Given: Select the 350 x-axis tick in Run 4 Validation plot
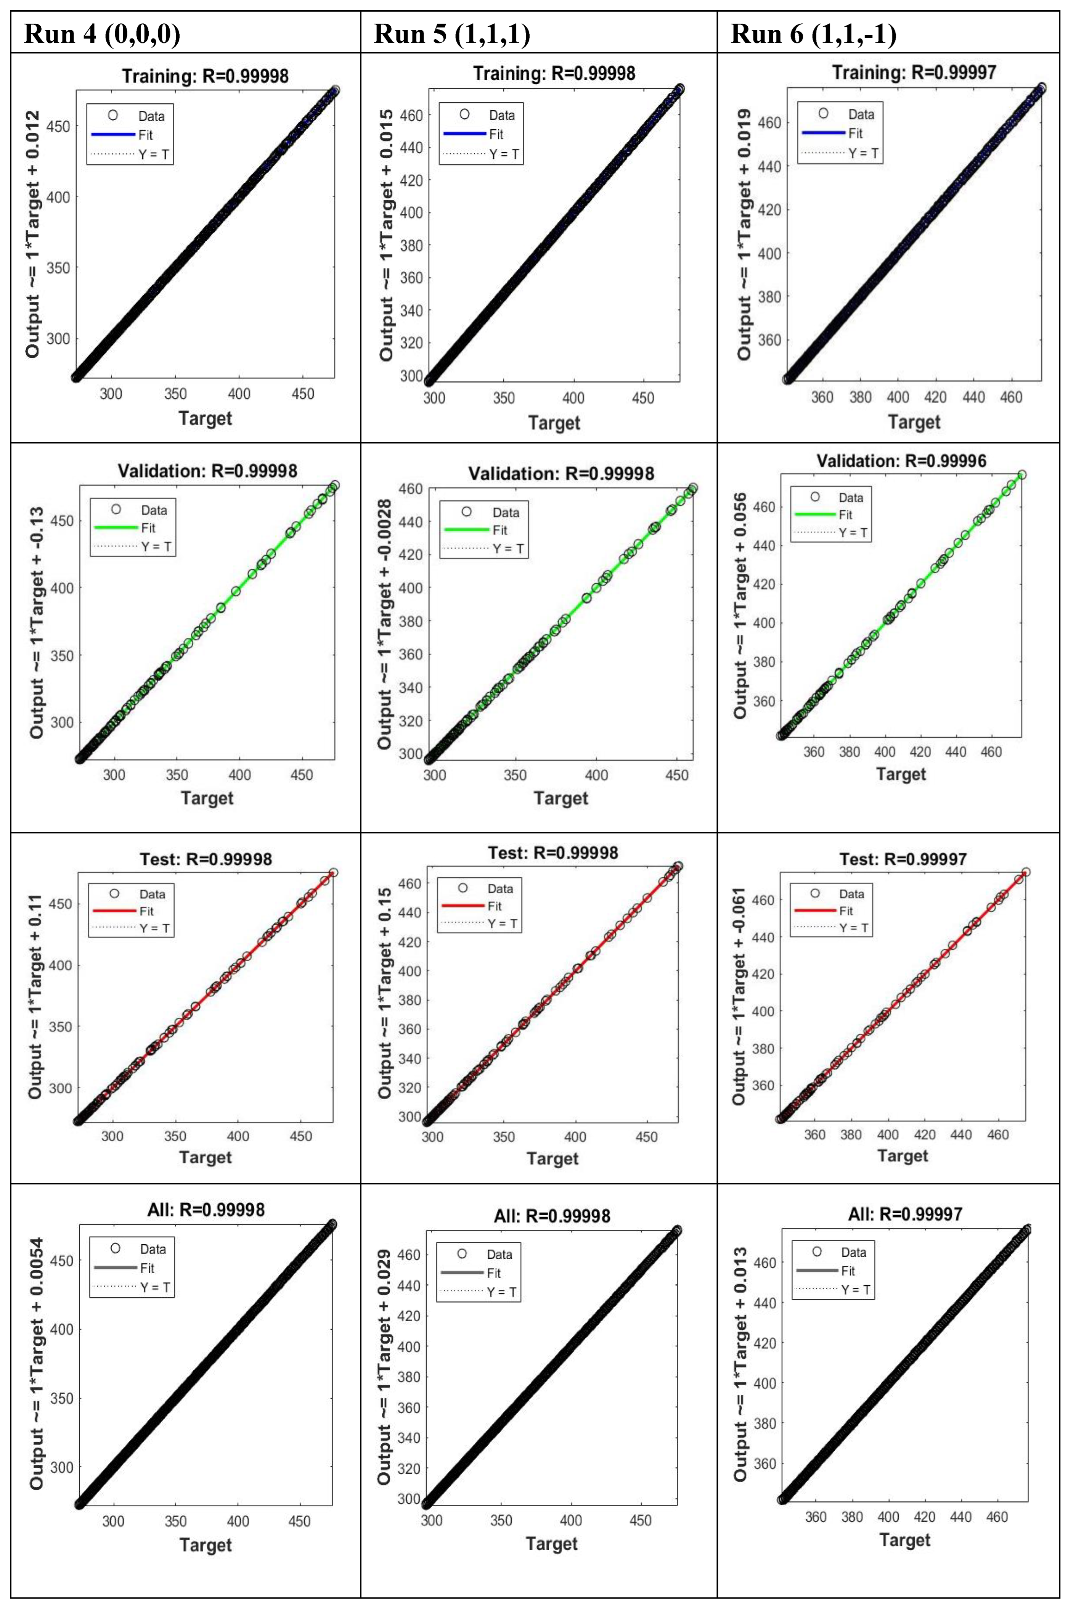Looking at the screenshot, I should (177, 775).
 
